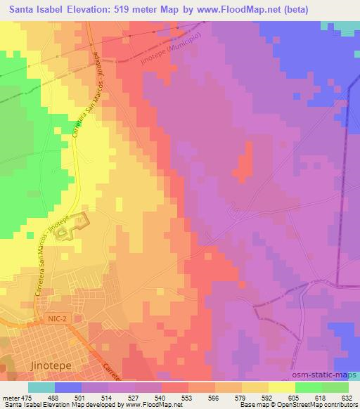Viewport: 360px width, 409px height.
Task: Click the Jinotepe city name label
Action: click(51, 367)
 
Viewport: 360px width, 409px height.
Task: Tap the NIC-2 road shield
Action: click(59, 319)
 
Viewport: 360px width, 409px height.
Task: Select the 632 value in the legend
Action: click(347, 397)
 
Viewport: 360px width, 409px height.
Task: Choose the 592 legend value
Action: click(268, 397)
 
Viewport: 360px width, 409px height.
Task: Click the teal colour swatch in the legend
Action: click(41, 387)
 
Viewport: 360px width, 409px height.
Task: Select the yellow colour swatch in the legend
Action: click(282, 387)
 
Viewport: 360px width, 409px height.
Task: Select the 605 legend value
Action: click(294, 397)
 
